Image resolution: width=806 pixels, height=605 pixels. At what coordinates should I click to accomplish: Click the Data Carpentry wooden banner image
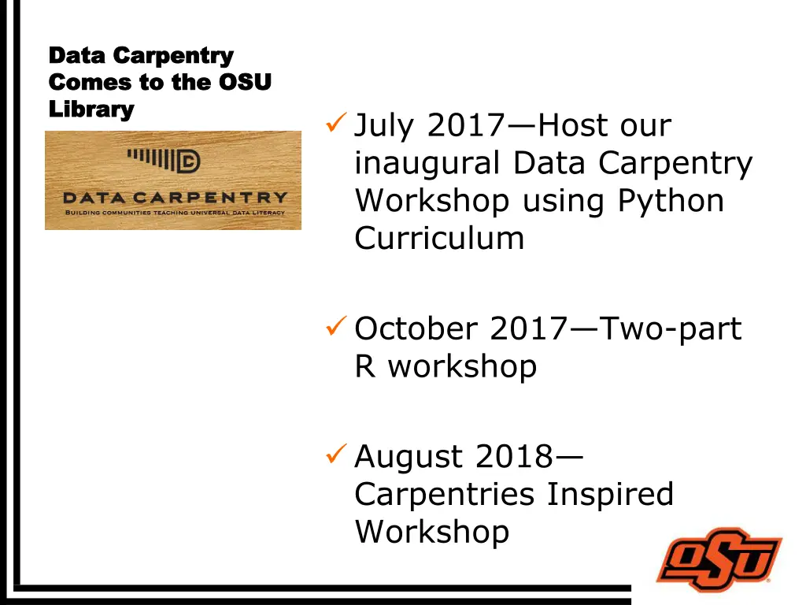click(173, 180)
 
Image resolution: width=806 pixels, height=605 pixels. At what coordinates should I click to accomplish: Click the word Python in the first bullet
click(671, 201)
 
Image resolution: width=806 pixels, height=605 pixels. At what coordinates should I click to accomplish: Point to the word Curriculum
click(439, 237)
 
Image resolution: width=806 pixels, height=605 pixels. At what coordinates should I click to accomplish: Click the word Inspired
click(611, 494)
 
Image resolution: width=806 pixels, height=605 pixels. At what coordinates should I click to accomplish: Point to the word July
click(386, 125)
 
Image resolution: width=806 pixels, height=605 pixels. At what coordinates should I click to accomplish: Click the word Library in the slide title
click(91, 109)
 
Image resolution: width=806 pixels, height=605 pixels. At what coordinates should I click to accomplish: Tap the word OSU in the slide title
click(244, 82)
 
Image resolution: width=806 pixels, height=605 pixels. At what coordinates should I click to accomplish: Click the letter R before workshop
click(365, 366)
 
